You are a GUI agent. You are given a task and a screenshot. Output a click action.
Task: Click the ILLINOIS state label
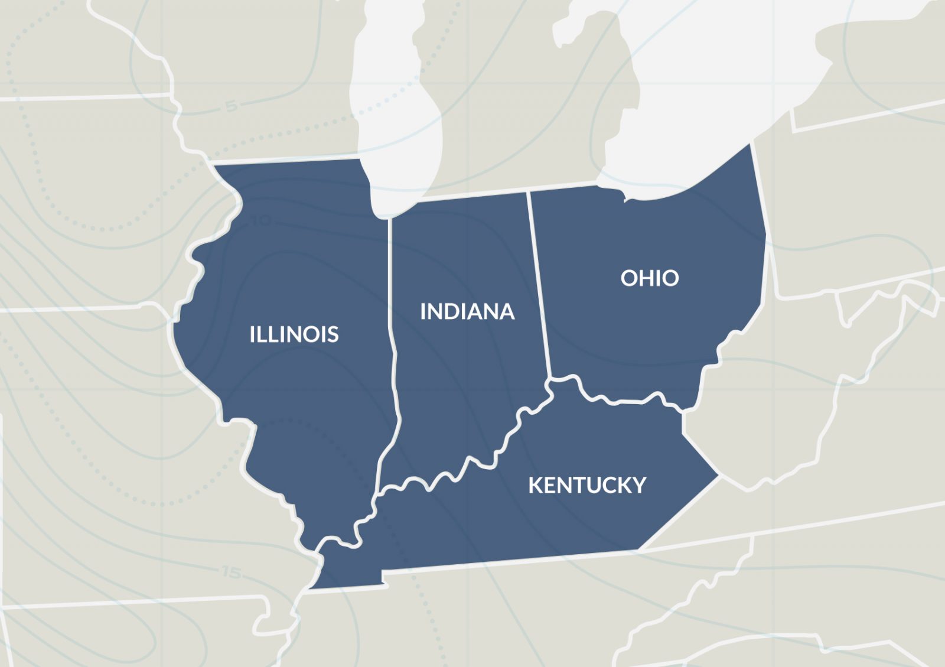pyautogui.click(x=294, y=334)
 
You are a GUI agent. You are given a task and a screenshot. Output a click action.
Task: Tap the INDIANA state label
pyautogui.click(x=467, y=311)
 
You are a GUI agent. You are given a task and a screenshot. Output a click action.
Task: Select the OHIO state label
pyautogui.click(x=649, y=278)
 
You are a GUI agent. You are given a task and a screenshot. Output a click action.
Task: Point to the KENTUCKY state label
pyautogui.click(x=587, y=485)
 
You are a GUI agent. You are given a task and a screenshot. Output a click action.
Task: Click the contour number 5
pyautogui.click(x=232, y=106)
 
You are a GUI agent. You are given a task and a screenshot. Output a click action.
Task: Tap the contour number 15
pyautogui.click(x=232, y=572)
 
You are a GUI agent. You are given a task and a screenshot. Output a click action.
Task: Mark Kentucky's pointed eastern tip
pyautogui.click(x=718, y=474)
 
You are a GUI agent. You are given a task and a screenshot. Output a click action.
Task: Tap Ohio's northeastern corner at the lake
pyautogui.click(x=750, y=145)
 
